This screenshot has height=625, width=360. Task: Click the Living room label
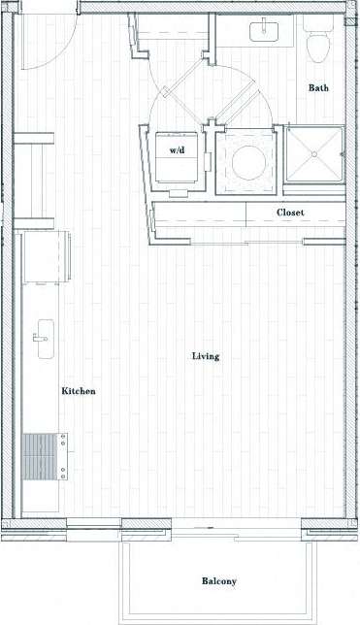point(205,356)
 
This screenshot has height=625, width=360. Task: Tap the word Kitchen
point(79,391)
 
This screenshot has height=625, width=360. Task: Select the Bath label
point(318,88)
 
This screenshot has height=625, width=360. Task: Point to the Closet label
point(290,212)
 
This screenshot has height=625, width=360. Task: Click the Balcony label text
point(218,581)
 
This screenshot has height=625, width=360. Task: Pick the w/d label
point(179,151)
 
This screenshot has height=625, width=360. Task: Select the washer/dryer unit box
point(180,155)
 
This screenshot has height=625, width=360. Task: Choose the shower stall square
point(314,157)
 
